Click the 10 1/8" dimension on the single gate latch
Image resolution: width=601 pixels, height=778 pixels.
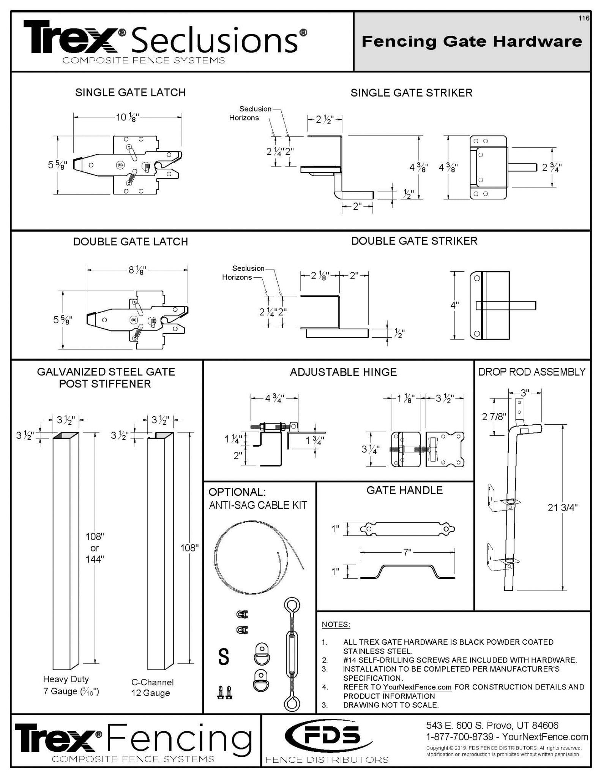[x=128, y=117]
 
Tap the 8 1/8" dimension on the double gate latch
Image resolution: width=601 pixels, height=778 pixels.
[x=137, y=270]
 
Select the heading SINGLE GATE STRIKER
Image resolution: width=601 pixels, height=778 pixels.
[x=411, y=93]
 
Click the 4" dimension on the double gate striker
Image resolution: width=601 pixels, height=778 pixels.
[x=454, y=305]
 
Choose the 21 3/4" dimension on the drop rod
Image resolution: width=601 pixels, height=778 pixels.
[x=562, y=508]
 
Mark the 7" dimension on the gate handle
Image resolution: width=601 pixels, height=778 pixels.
[x=407, y=552]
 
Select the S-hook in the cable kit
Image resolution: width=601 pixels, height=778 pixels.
[x=224, y=657]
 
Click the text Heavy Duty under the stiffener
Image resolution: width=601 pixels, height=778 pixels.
[x=66, y=679]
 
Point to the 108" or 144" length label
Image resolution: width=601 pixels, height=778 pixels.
[x=95, y=548]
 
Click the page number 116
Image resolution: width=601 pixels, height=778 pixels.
[x=584, y=18]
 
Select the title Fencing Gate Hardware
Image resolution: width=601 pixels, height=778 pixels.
[x=472, y=41]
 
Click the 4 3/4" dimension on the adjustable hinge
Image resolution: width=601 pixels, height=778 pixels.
[x=274, y=398]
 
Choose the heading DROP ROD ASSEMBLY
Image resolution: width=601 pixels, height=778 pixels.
[x=532, y=372]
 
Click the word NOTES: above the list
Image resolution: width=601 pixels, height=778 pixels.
[x=336, y=625]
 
